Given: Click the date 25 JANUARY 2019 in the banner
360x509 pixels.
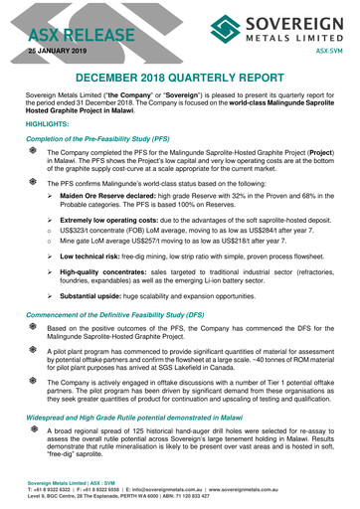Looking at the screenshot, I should (59, 47).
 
